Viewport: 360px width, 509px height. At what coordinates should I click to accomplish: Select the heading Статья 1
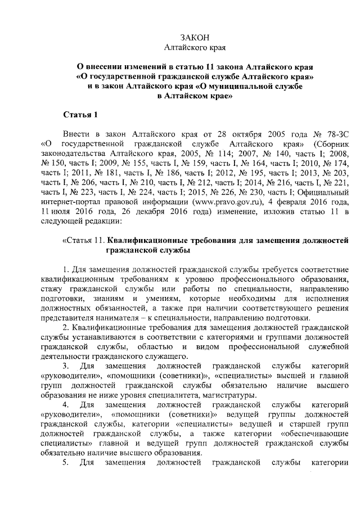click(x=80, y=115)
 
